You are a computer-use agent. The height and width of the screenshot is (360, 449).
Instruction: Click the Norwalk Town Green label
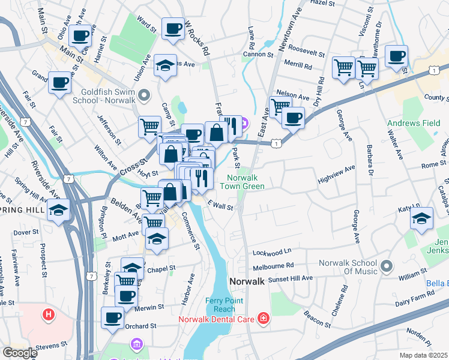coord(246,182)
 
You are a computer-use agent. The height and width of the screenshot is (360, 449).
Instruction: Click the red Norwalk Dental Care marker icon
coord(263,319)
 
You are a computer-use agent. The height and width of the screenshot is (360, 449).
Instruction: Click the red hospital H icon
coord(48,314)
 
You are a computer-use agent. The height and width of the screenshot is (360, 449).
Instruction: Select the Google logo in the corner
coord(20,353)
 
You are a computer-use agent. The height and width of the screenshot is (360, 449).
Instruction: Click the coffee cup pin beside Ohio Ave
coord(79,35)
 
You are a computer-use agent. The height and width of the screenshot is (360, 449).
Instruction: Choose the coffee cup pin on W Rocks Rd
coord(173,28)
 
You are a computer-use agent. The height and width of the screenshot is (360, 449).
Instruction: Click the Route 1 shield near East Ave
coord(276,143)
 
